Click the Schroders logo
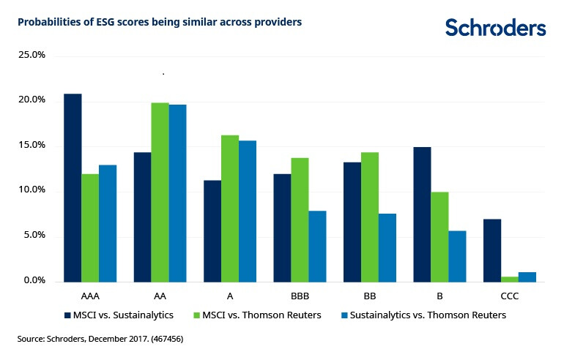tap(495, 28)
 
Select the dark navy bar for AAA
tap(73, 188)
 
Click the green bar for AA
tap(160, 192)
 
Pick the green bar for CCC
tap(510, 279)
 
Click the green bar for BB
tap(370, 217)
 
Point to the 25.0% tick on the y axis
tap(31, 55)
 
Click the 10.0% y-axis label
tap(31, 190)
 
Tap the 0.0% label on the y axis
tap(34, 281)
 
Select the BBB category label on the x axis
tap(300, 298)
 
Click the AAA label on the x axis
tap(89, 298)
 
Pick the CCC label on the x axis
tap(510, 298)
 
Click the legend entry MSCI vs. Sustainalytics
tap(122, 315)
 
